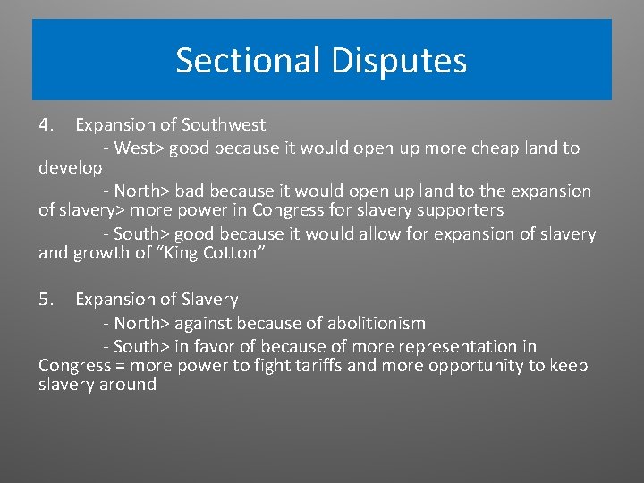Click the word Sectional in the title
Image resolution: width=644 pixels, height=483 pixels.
click(249, 61)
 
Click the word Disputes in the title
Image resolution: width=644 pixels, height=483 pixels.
click(398, 61)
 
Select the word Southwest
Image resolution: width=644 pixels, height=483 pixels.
click(225, 125)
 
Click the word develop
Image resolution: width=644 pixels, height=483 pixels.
click(71, 168)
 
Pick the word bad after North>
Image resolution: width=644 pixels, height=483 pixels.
click(191, 191)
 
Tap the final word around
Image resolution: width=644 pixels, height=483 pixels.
click(127, 385)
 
